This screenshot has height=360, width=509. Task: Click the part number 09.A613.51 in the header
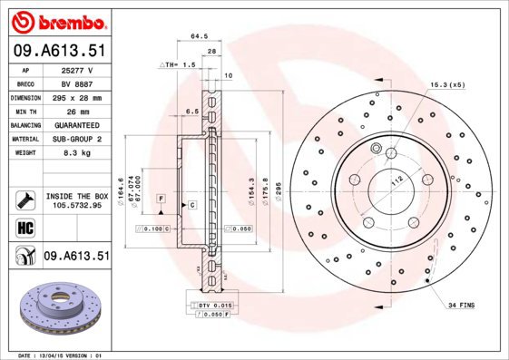coord(59,50)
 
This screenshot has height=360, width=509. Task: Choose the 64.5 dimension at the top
coord(195,37)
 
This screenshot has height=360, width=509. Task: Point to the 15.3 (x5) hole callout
coord(447,84)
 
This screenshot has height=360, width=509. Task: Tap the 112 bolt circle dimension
coord(396,180)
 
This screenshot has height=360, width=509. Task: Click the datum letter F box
coord(161,197)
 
